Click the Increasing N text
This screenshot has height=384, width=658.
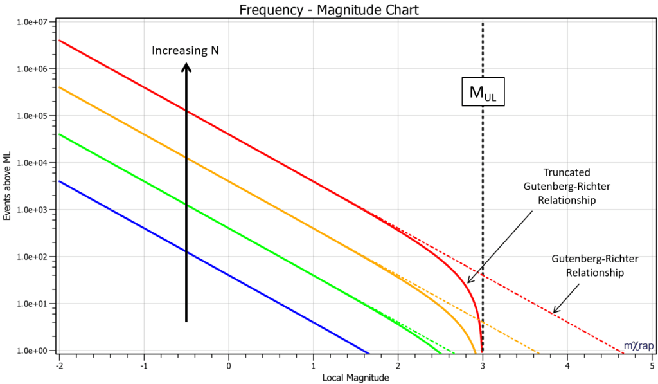click(186, 50)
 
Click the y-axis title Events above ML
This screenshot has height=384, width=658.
click(7, 187)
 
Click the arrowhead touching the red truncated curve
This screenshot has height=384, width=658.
click(469, 280)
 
